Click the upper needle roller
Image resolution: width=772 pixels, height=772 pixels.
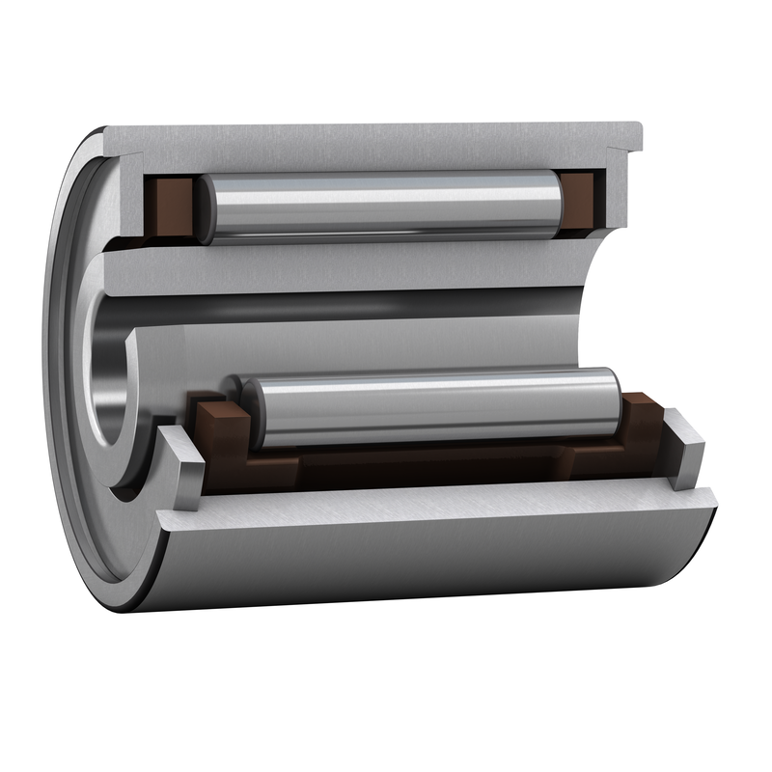[x=386, y=207]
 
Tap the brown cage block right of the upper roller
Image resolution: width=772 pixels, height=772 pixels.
[x=581, y=202]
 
